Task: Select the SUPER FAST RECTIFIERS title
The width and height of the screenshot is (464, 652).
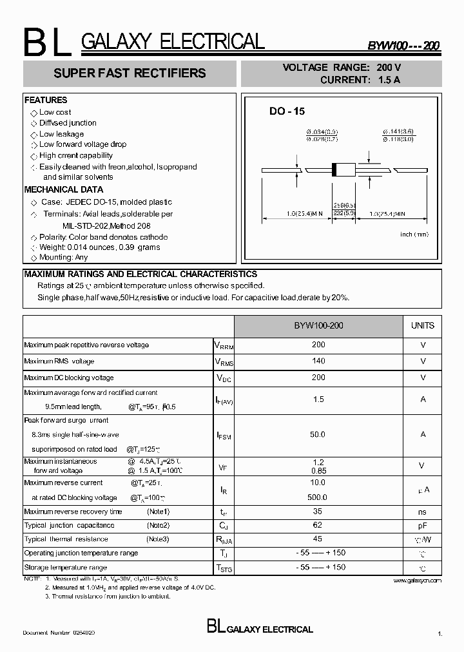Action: (x=130, y=73)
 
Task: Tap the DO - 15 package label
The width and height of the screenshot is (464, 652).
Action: (x=287, y=111)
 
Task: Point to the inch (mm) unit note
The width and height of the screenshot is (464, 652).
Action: (x=414, y=235)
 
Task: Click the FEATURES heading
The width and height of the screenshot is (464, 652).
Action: (x=46, y=101)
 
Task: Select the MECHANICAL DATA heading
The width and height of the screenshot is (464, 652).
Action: (x=64, y=190)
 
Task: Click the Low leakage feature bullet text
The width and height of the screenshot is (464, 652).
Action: (x=61, y=134)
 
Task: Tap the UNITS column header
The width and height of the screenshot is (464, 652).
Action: (x=422, y=326)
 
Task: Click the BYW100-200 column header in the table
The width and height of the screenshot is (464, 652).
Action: (x=318, y=326)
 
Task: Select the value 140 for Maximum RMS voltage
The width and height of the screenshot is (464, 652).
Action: (x=318, y=361)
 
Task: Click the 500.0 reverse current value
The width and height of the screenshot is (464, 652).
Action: (x=318, y=497)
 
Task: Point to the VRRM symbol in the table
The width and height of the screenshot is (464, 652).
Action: (x=224, y=345)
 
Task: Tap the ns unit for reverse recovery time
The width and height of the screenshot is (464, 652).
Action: (x=422, y=512)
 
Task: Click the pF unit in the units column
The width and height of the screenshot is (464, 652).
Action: (x=422, y=526)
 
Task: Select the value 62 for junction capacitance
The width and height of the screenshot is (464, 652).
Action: (x=318, y=526)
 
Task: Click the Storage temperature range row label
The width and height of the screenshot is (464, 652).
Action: (x=66, y=568)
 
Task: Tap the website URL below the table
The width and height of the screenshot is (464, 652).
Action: (x=417, y=580)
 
